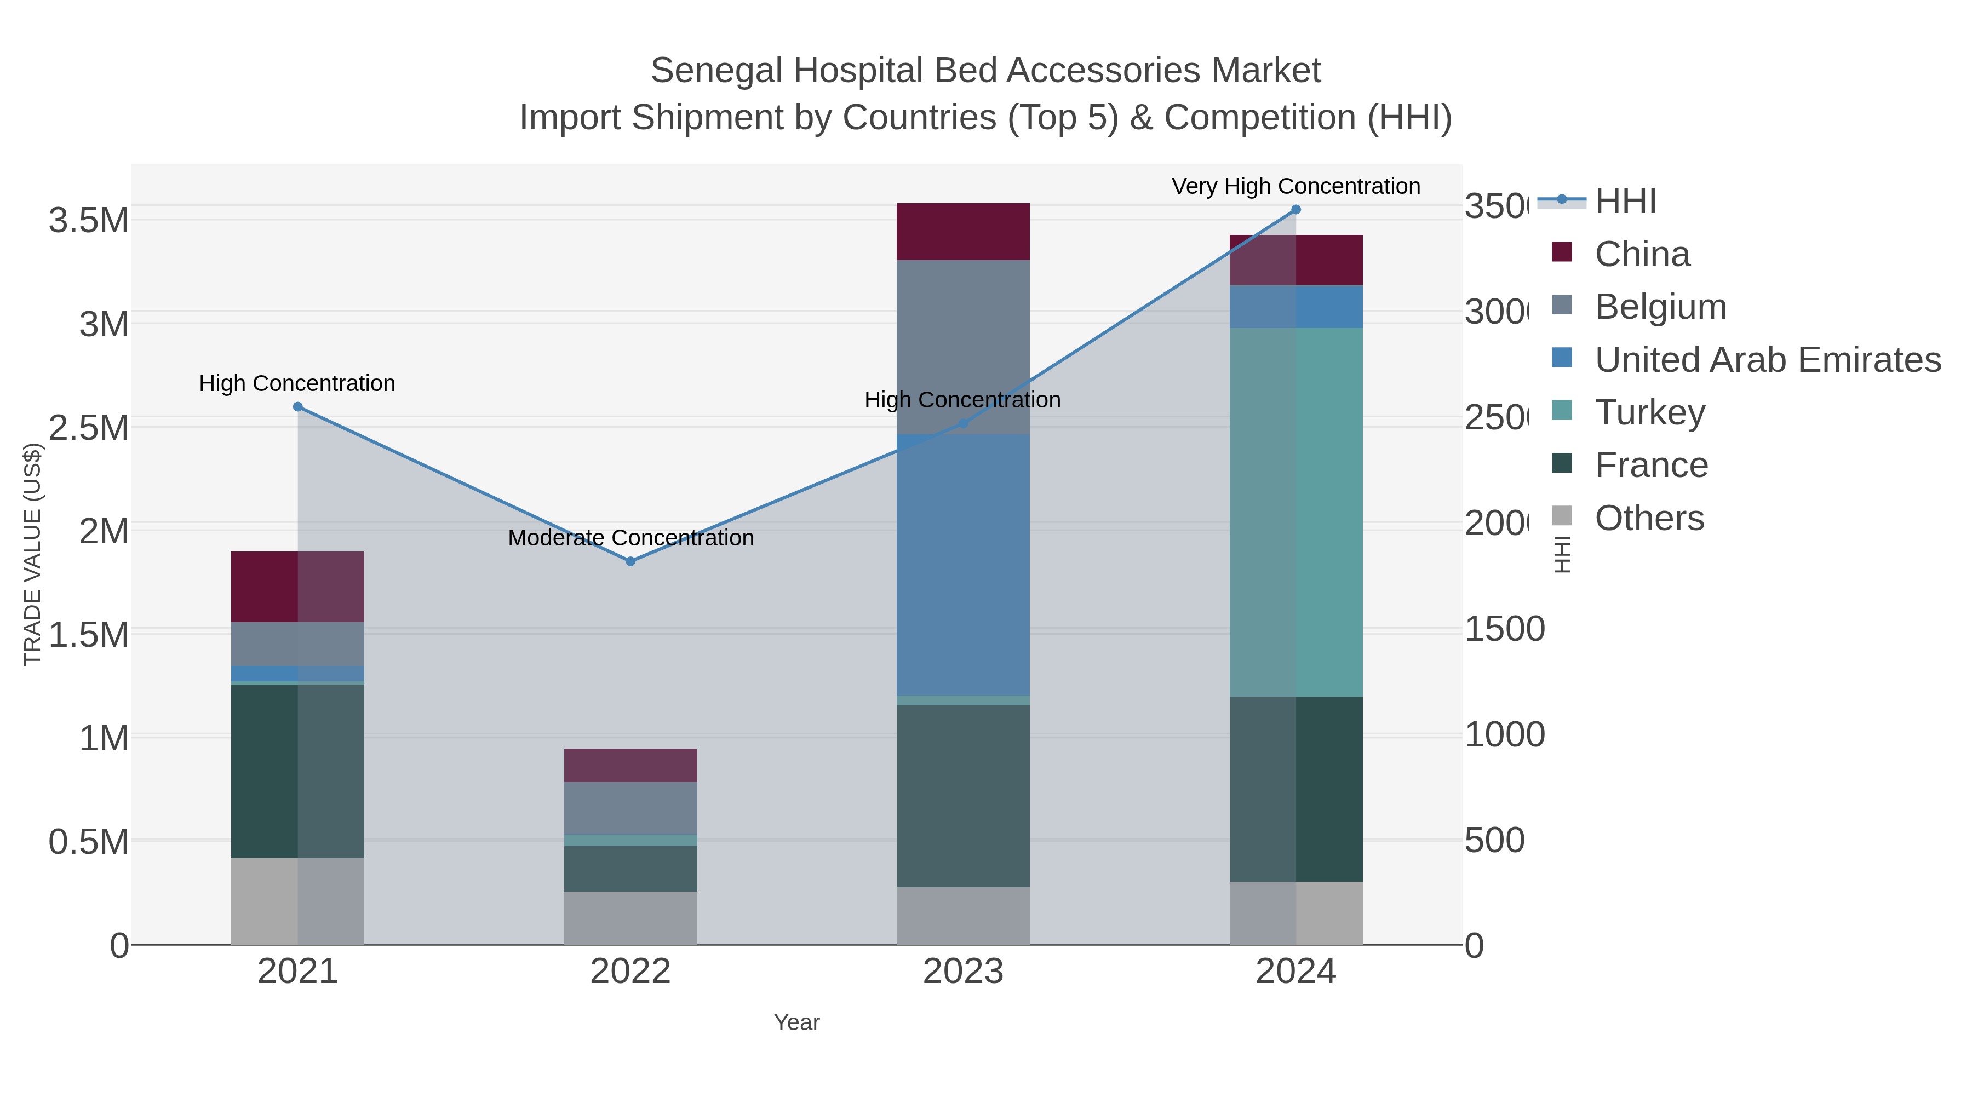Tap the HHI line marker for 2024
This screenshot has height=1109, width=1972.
tap(1295, 209)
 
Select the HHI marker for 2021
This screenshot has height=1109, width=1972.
tap(298, 406)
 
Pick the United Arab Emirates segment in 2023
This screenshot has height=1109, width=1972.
tap(962, 564)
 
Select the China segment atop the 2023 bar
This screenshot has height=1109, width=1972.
tap(962, 231)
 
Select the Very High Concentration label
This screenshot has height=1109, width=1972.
tap(1295, 186)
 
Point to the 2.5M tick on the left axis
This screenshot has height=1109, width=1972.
tap(88, 427)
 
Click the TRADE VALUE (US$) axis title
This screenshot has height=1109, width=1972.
tap(32, 554)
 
